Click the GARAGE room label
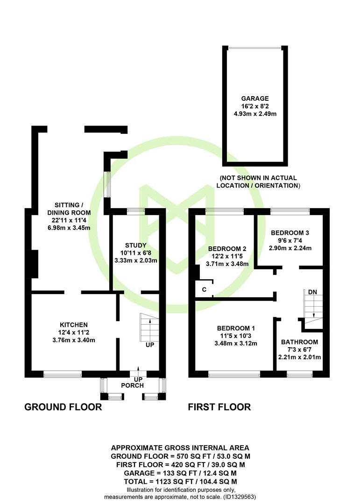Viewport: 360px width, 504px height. tap(255, 98)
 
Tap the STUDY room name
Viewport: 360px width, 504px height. tap(136, 245)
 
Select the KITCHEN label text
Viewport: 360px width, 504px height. tap(74, 325)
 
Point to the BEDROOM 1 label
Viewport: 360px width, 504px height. tap(236, 328)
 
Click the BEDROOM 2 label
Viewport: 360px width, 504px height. tap(227, 249)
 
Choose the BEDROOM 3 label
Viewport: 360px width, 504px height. tap(290, 233)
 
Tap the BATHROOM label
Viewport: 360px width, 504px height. tap(299, 342)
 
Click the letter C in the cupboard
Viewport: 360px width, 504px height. tap(204, 290)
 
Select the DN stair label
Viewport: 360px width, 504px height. tap(312, 292)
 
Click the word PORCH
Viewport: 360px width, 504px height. tap(133, 385)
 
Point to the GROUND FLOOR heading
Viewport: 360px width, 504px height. tap(63, 407)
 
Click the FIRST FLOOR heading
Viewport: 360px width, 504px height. tap(219, 407)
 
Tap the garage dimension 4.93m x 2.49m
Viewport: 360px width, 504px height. tap(255, 114)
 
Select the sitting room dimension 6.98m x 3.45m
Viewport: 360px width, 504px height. tap(69, 228)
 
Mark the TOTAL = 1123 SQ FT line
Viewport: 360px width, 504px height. tap(181, 482)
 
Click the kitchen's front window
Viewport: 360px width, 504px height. tap(63, 374)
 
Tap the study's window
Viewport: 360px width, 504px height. tap(136, 211)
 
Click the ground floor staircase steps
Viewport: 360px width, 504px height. tap(149, 327)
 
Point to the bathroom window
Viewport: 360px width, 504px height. tap(299, 374)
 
